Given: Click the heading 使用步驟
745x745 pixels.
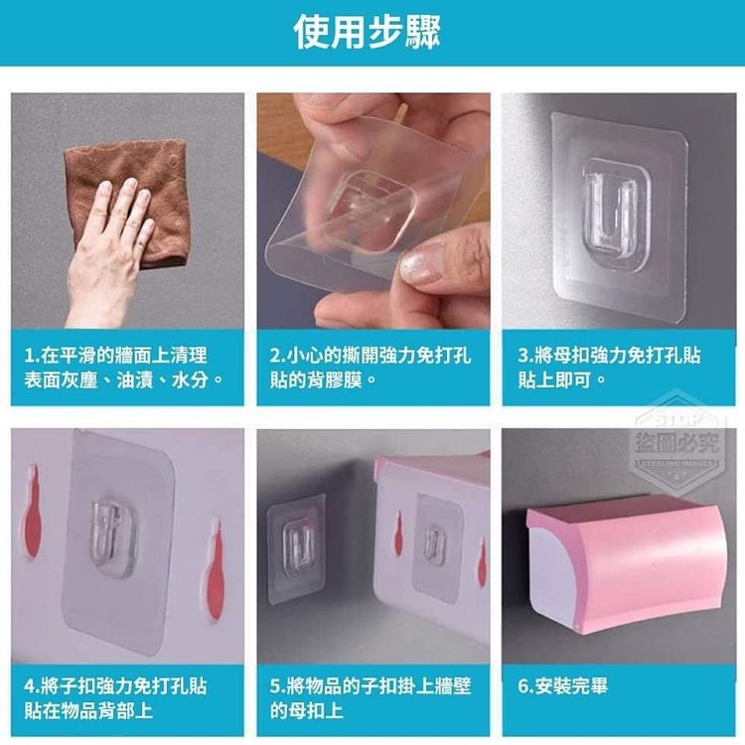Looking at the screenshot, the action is point(367,32).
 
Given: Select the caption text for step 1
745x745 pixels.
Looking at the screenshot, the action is point(124,368).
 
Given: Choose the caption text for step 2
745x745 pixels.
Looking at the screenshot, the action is point(371,368).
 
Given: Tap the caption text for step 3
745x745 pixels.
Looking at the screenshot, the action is point(609,368).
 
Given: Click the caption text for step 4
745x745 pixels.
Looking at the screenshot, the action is point(116,698).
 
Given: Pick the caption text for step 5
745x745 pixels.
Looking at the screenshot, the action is point(371,698).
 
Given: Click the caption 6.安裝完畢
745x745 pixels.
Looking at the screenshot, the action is point(562,686).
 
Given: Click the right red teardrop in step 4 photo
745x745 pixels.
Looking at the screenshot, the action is point(215,569).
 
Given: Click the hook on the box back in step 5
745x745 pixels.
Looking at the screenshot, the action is point(433,541).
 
